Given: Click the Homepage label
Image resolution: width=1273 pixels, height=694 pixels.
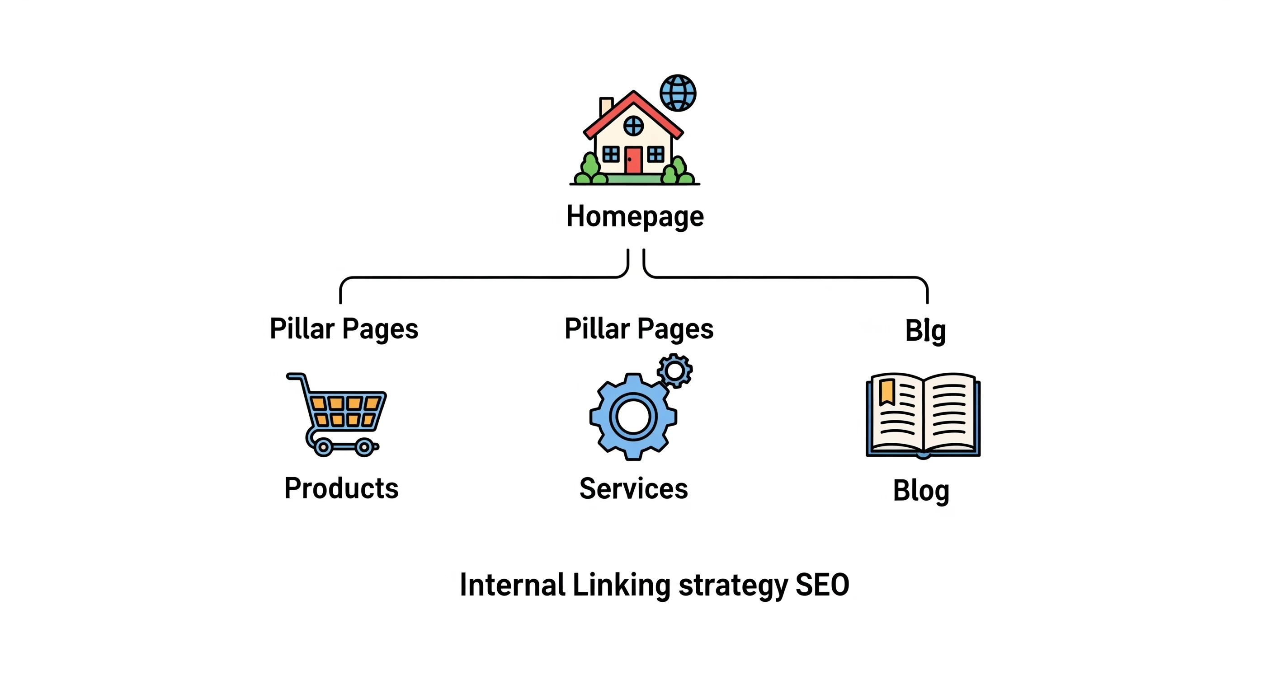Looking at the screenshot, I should coord(635,216).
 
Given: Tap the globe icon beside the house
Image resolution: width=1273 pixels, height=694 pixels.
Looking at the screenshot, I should coord(678,93).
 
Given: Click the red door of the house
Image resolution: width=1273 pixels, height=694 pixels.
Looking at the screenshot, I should coord(633,159).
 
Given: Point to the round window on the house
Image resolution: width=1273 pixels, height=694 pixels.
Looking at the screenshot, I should coord(633,126).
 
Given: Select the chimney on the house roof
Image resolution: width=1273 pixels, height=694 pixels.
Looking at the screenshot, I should coord(606,106).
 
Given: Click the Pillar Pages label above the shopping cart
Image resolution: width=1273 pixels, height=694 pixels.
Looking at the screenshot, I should coord(344,329).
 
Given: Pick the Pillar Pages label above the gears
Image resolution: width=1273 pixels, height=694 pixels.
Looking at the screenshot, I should coord(638,329).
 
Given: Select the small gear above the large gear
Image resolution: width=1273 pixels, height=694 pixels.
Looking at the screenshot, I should coord(674,370).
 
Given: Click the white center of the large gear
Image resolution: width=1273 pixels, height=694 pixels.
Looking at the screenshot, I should coord(633,417).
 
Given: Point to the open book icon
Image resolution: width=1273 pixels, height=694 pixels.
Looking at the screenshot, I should coord(923,415).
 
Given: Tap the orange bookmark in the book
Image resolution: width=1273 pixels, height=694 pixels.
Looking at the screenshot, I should coord(887,392).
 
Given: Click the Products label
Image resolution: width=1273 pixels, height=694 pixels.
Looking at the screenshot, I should coord(341,488).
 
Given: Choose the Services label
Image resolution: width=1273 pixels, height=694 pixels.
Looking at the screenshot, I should coord(633,488).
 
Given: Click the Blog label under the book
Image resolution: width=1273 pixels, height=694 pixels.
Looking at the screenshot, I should coord(921,491).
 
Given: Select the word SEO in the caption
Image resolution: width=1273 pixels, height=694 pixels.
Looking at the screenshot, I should coord(822,585).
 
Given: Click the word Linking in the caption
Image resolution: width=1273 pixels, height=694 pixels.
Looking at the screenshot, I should coord(622,585).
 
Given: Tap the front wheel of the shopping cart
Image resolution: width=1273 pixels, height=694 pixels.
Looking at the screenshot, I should coord(365,447).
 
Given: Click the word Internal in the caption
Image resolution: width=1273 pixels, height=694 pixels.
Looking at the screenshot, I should coord(513,585).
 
